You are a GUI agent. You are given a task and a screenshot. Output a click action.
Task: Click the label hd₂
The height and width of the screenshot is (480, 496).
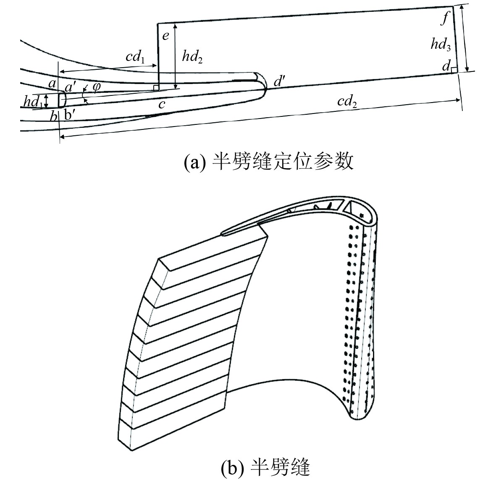(x=192, y=56)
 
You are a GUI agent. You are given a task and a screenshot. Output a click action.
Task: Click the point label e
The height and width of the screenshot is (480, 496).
(x=165, y=35)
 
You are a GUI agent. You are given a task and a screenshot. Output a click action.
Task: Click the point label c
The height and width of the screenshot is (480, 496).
(x=162, y=105)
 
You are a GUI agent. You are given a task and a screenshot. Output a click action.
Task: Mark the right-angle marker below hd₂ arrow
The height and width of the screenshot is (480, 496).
(x=156, y=87)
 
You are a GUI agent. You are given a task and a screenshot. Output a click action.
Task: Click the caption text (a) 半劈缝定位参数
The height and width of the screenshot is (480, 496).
(x=269, y=161)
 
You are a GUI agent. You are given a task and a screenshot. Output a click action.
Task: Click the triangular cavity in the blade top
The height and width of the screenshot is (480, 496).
(x=349, y=206)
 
